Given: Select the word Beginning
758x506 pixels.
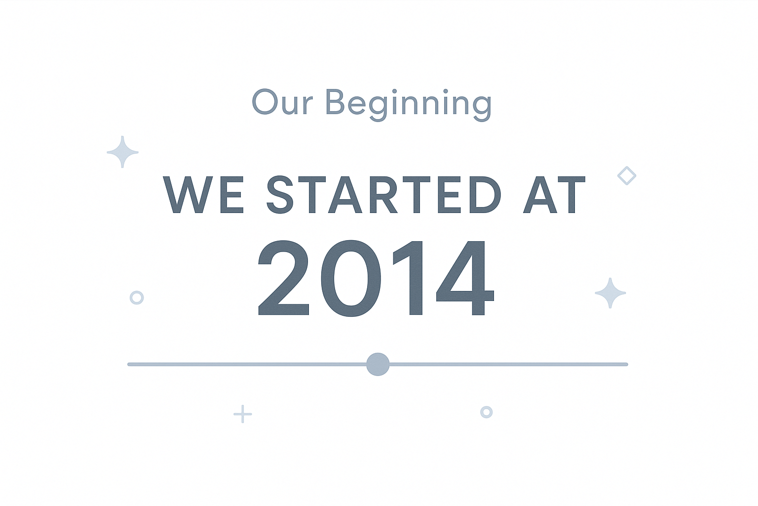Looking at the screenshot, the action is tap(409, 105).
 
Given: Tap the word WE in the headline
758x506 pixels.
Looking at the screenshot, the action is tap(203, 195).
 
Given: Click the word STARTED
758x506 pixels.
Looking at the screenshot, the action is tap(384, 195).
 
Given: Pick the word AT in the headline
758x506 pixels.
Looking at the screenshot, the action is tap(554, 195).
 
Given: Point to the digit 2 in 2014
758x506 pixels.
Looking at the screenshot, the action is tap(284, 278).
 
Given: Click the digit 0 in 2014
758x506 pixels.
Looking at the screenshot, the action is tap(351, 278).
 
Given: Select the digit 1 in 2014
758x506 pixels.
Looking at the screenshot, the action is tap(408, 278).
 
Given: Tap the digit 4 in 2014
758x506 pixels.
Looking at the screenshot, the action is tap(465, 278).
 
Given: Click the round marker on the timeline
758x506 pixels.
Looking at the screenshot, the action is tap(378, 364).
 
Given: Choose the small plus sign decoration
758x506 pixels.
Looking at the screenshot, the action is tap(243, 414).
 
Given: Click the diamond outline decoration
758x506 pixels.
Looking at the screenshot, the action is tap(627, 175).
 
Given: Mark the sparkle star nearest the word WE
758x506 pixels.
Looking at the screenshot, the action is tap(122, 152).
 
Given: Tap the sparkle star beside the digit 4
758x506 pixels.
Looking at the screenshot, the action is tap(610, 293).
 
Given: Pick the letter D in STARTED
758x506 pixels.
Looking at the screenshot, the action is tap(485, 195).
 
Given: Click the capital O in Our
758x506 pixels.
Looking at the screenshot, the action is tap(265, 102).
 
